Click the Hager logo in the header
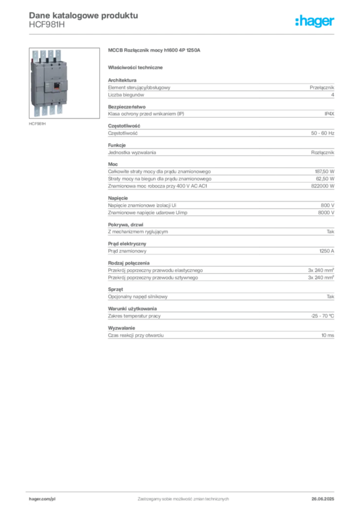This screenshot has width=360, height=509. pos(315,21)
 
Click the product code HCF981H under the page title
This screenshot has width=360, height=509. pos(47,25)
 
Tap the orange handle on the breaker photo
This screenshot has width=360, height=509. pos(56,86)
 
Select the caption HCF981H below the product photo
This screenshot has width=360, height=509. pos(37,124)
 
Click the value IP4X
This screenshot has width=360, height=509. pos(329,114)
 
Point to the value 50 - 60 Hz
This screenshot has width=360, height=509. pos(323,133)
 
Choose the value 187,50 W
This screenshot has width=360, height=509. pos(325,171)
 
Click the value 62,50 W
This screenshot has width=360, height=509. pos(325,178)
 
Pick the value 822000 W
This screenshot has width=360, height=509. pos(323,186)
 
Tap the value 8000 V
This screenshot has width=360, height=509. pos(326,213)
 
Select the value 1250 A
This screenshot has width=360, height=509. pos(327,251)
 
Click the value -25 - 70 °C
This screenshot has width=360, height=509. pos(322,316)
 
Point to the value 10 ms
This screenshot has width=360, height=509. pos(328,335)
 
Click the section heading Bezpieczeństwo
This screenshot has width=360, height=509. pos(127,107)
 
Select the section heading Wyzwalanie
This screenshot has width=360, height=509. pos(121,328)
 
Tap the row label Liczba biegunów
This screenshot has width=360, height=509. pos(126,95)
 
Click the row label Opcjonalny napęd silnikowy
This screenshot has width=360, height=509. pos(138,297)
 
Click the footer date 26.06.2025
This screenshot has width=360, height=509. pos(323,499)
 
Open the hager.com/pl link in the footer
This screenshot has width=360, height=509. pos(42,499)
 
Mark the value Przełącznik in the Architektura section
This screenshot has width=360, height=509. pos(322,87)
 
